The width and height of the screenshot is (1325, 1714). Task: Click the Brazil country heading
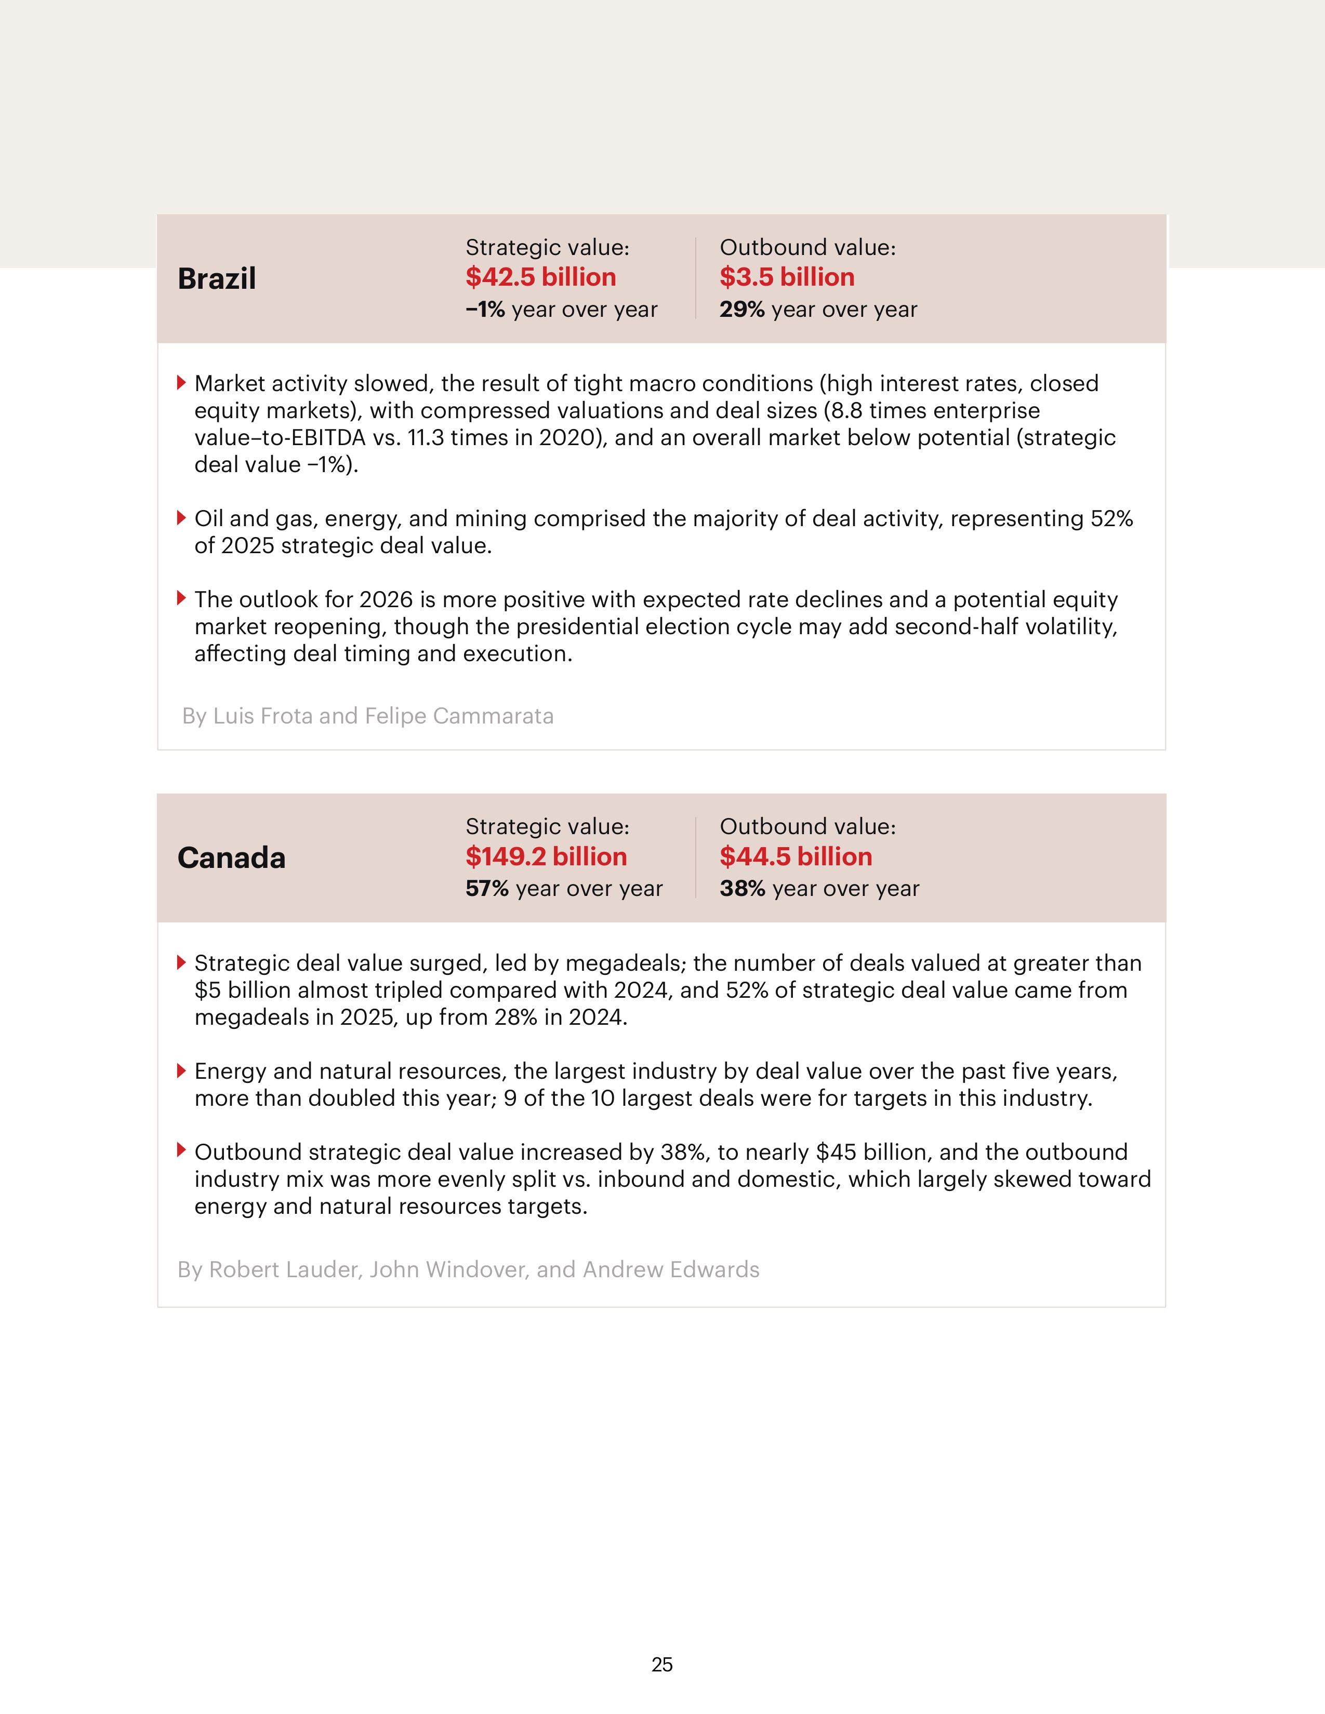pyautogui.click(x=217, y=278)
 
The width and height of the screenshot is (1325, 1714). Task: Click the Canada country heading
pyautogui.click(x=232, y=858)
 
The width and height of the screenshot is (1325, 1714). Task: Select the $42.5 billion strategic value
pyautogui.click(x=541, y=277)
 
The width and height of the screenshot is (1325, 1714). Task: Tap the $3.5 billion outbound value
pyautogui.click(x=787, y=277)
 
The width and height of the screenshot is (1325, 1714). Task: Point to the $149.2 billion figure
pyautogui.click(x=546, y=856)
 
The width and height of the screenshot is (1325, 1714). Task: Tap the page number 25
pyautogui.click(x=661, y=1665)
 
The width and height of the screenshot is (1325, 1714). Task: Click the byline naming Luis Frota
pyautogui.click(x=367, y=716)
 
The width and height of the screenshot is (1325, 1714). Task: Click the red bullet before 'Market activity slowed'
pyautogui.click(x=181, y=383)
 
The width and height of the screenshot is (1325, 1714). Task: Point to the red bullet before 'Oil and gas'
pyautogui.click(x=181, y=518)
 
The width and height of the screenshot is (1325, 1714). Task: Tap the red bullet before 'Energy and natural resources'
pyautogui.click(x=181, y=1070)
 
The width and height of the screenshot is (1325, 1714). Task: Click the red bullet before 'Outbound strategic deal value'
pyautogui.click(x=181, y=1151)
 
